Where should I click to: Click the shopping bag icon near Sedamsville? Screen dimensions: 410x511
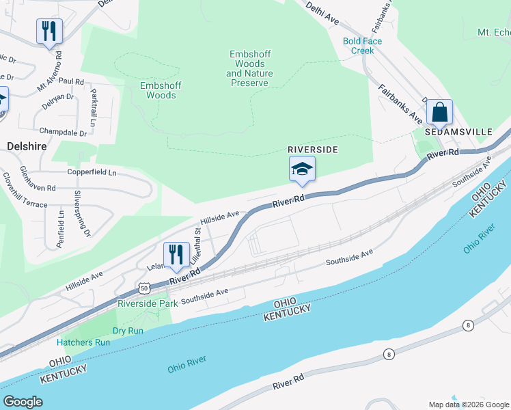[439, 111]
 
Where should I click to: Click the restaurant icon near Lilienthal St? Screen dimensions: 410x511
[176, 254]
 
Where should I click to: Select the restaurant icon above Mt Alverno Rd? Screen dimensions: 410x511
[49, 31]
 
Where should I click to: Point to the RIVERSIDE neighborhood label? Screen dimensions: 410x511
[313, 149]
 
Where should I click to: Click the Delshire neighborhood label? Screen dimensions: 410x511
[27, 146]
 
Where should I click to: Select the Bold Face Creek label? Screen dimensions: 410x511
[362, 46]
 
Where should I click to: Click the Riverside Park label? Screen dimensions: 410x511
[148, 303]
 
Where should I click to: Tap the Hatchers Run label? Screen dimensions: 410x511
[83, 342]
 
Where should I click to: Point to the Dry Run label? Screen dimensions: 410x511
[128, 331]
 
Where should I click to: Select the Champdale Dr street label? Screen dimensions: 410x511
[63, 131]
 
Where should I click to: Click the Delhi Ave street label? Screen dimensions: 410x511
[322, 12]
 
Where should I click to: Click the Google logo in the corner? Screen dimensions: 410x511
[23, 402]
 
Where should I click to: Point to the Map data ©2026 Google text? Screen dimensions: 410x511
[468, 404]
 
